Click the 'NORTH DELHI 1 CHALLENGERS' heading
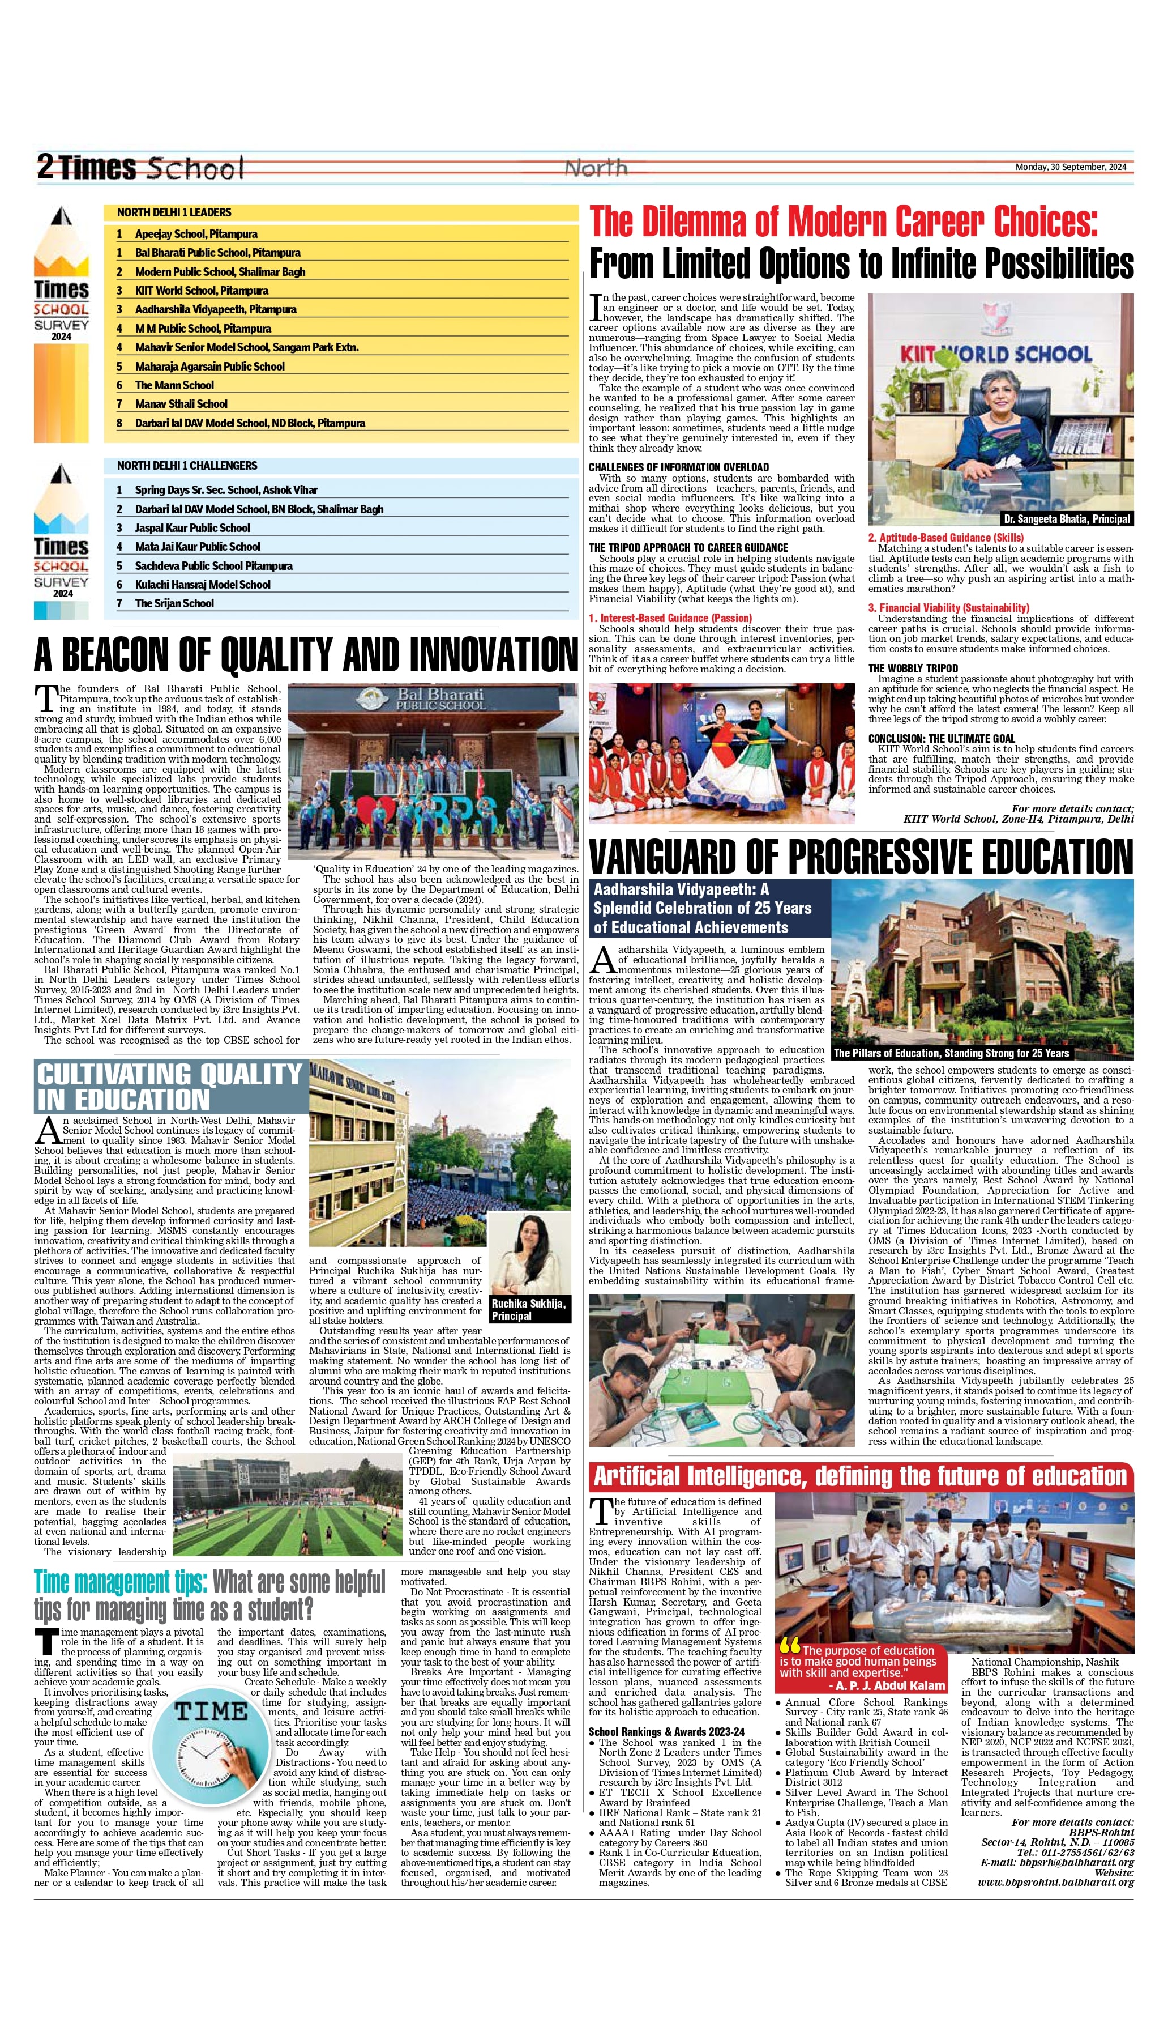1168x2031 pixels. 187,466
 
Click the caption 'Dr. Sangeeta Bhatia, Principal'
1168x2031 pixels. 1067,519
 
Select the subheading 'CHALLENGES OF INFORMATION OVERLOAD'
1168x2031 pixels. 679,467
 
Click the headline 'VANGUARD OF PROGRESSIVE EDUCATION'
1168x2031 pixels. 861,857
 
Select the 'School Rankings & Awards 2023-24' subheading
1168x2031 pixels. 666,1732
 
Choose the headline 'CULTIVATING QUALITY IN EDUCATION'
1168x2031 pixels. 169,1087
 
